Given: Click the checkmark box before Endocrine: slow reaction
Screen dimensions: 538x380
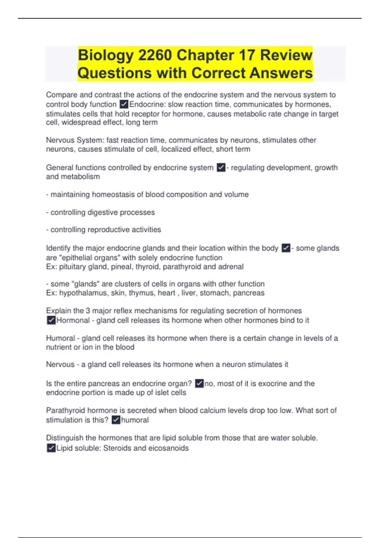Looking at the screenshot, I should point(124,104).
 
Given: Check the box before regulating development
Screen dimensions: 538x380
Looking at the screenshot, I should point(221,167).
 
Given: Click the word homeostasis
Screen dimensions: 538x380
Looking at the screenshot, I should point(113,194).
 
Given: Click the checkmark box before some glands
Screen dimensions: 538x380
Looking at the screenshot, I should point(286,248).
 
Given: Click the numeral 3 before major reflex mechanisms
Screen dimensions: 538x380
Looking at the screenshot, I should point(88,311).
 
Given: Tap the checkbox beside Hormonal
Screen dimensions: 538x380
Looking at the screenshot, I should point(51,320).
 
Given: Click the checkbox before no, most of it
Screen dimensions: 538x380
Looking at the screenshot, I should point(199,384).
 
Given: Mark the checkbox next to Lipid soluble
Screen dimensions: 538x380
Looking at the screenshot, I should point(51,448).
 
